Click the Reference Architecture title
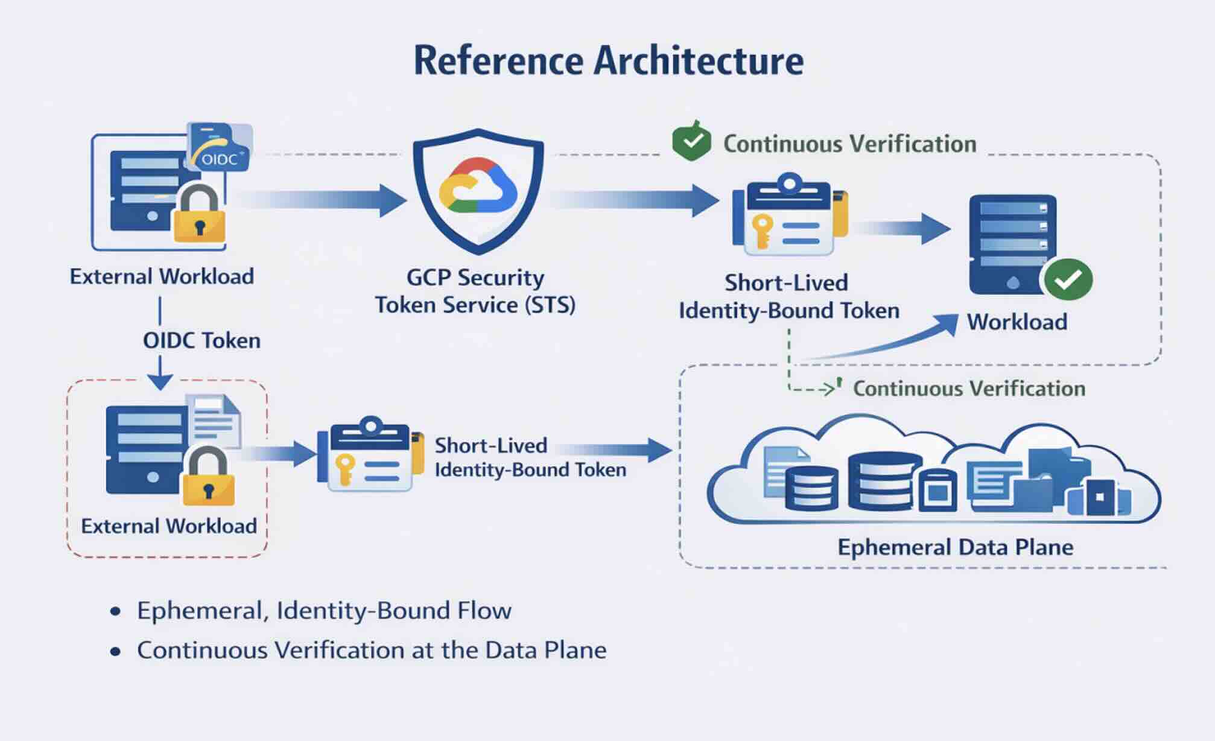[608, 61]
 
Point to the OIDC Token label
[201, 341]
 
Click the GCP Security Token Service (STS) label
[475, 291]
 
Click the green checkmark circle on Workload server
[1068, 279]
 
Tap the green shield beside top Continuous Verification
[691, 142]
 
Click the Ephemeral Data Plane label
[955, 547]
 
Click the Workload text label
[1017, 322]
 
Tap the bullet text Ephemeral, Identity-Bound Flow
[324, 611]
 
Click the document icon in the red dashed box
[214, 420]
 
